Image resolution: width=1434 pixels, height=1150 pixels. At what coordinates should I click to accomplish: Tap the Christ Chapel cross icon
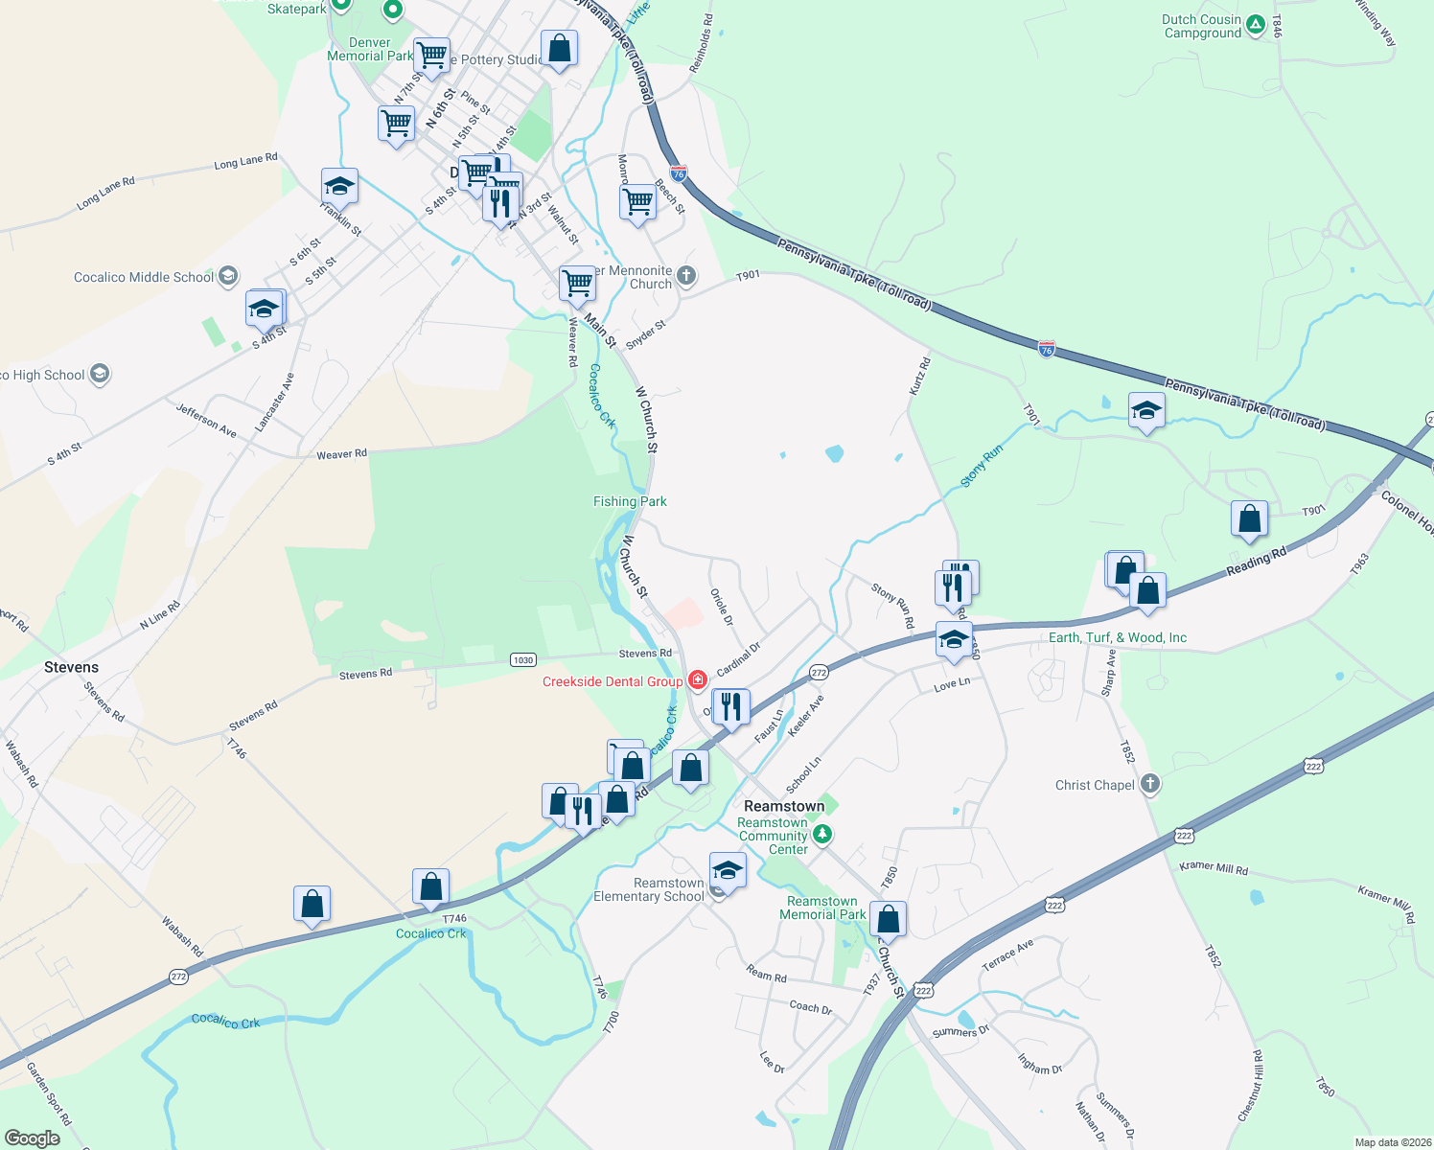[x=1150, y=785]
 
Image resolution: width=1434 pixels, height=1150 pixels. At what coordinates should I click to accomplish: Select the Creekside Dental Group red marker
[x=697, y=680]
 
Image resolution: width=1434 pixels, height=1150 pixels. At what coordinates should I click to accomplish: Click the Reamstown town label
[x=784, y=806]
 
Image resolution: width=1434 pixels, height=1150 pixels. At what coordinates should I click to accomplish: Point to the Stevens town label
[x=71, y=667]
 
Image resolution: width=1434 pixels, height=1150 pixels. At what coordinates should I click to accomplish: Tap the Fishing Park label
[x=630, y=501]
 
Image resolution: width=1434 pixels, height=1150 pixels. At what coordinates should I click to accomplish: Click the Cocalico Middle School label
[x=144, y=277]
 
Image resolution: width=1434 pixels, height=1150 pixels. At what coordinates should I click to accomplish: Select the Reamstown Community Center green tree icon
[x=821, y=836]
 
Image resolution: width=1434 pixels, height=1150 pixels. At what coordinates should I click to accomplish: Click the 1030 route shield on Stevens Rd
[x=522, y=659]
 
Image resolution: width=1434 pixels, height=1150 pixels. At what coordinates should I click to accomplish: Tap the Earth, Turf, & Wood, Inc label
[x=1118, y=637]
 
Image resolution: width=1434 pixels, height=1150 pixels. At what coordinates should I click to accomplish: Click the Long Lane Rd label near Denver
[x=245, y=162]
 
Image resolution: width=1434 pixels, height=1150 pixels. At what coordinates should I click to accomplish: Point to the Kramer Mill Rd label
[x=1214, y=868]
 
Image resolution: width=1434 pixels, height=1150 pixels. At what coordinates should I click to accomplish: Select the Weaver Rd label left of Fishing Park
[x=341, y=454]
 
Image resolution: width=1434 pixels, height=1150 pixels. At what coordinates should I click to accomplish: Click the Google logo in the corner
[x=33, y=1138]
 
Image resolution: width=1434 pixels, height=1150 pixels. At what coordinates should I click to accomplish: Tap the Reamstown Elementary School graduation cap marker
[x=728, y=871]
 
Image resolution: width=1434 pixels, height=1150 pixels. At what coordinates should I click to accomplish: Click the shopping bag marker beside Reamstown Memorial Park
[x=889, y=919]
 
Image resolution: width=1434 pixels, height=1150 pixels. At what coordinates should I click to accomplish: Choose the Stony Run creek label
[x=982, y=466]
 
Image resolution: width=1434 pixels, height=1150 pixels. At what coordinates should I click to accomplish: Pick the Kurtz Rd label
[x=919, y=377]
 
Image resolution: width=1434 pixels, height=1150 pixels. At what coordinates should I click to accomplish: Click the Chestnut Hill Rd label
[x=1251, y=1086]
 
